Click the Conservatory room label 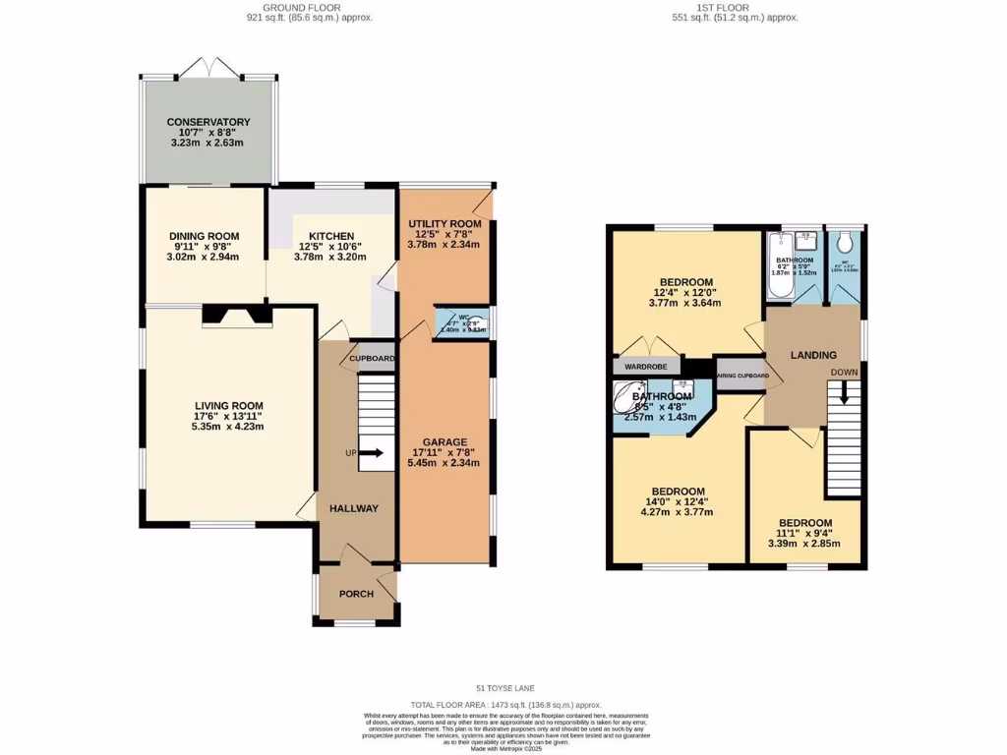(207, 122)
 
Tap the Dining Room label (205, 236)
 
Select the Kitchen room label (331, 236)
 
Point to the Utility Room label (444, 224)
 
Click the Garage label (444, 441)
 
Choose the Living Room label (228, 406)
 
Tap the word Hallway (355, 508)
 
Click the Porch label (355, 595)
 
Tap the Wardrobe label (645, 367)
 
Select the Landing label (813, 355)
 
